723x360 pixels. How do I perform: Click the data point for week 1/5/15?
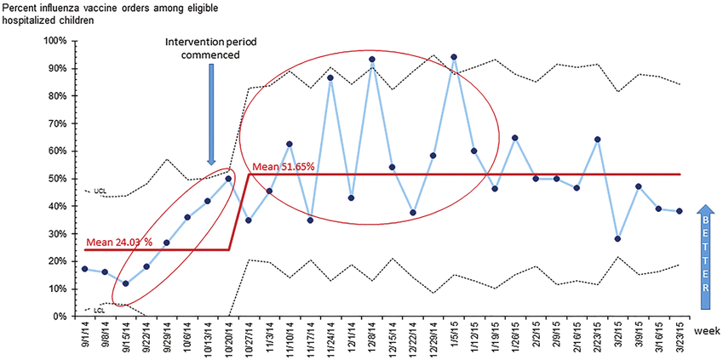[x=454, y=57]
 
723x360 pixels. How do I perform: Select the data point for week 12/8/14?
[x=372, y=60]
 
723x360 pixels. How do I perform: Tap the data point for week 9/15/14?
[x=125, y=283]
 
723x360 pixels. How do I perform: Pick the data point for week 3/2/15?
[x=617, y=239]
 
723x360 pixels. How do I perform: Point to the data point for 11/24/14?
[x=330, y=77]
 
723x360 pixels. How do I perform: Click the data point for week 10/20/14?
[x=228, y=179]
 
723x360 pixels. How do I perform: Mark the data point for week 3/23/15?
[x=679, y=211]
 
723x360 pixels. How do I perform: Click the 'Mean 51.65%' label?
[x=284, y=166]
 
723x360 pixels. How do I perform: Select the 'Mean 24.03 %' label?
[x=119, y=243]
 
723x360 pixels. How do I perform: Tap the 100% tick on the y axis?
[x=55, y=41]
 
